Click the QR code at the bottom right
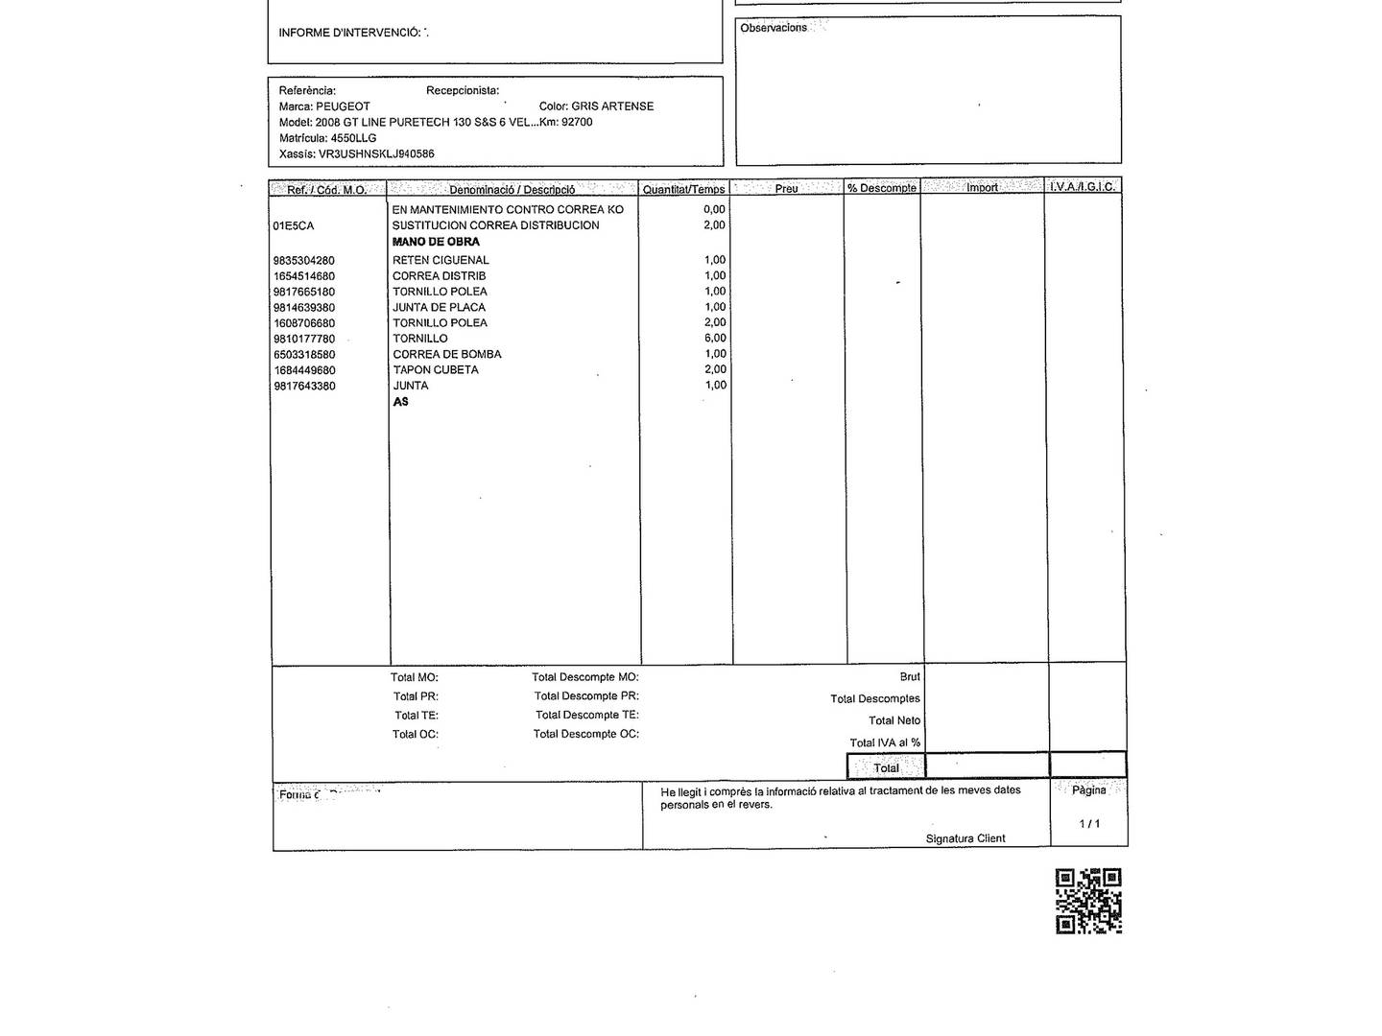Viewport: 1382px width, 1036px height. [x=1088, y=901]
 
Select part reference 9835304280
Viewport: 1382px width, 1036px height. [x=304, y=261]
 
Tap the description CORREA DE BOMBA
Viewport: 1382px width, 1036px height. [x=446, y=354]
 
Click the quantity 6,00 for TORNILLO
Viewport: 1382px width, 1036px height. [x=715, y=339]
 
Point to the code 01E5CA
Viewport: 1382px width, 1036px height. [x=294, y=226]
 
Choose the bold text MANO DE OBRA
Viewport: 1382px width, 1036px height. [x=436, y=242]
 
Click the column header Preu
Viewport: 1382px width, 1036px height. [x=786, y=189]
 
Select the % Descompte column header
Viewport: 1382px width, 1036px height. [x=882, y=188]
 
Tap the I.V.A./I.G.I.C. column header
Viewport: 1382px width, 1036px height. [x=1083, y=187]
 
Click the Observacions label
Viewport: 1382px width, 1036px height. [x=774, y=28]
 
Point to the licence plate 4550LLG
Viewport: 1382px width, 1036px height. [x=353, y=138]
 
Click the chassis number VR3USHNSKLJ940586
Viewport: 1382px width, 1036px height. [x=376, y=153]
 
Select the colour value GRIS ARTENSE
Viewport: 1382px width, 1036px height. [x=612, y=106]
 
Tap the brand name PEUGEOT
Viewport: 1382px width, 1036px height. [x=343, y=106]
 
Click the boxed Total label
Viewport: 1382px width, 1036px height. [x=886, y=768]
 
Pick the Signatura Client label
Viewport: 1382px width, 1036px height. [x=965, y=838]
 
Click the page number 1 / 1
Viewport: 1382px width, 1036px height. [x=1089, y=824]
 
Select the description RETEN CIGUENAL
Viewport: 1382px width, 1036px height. [x=441, y=260]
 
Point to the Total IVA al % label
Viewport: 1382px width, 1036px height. [x=885, y=742]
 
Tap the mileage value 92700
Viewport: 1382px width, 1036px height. [x=577, y=122]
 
